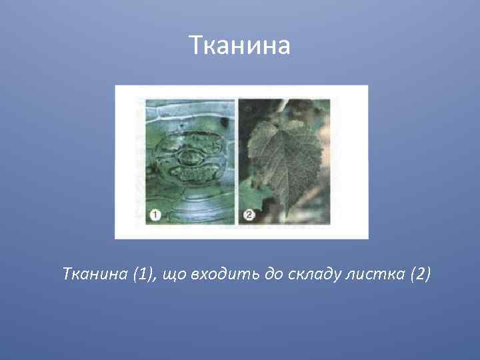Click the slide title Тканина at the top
tap(239, 46)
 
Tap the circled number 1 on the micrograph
tap(153, 215)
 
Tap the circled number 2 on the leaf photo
tap(248, 215)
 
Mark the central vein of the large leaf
tap(289, 167)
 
